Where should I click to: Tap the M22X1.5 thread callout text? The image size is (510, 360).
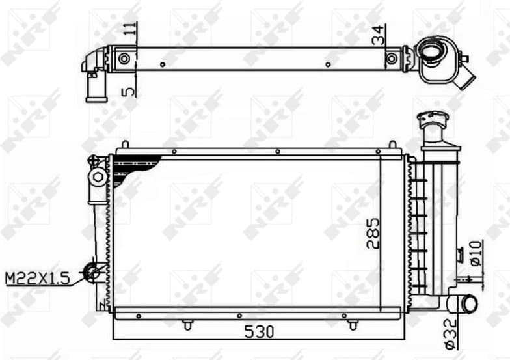[36, 279]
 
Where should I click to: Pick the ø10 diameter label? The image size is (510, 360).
[476, 253]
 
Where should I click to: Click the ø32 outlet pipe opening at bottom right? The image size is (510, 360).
[468, 303]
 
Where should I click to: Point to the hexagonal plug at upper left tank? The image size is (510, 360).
[98, 176]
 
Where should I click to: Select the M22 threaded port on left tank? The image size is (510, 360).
[93, 272]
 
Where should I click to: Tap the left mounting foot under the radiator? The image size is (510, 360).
[187, 324]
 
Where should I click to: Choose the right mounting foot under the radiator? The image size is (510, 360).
[353, 324]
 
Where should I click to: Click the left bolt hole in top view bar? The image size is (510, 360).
[124, 59]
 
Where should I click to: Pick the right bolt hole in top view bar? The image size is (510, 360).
[391, 59]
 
